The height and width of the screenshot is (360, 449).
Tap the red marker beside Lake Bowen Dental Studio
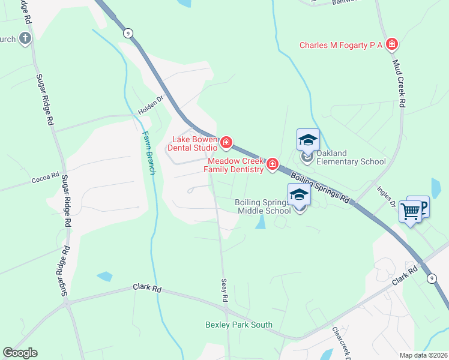coord(226,142)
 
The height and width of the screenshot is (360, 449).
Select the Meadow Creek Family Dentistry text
coord(234,165)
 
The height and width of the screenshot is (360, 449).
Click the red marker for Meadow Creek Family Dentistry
coord(272,164)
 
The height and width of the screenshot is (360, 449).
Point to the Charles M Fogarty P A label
coord(342,45)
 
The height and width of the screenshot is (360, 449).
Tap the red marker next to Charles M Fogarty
coord(391,44)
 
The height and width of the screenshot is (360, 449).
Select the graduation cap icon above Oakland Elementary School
coord(308,140)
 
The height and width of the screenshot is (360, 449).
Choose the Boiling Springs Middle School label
coord(263,206)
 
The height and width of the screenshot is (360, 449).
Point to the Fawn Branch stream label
coord(149,153)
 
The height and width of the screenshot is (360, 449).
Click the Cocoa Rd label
coord(46,178)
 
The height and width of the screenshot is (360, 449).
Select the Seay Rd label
coord(224,289)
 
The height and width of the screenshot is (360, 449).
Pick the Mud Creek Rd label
coord(399,83)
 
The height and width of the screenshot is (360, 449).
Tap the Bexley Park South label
coord(238,325)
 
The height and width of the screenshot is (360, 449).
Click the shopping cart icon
coord(411,211)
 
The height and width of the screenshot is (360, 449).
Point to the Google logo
coord(20,352)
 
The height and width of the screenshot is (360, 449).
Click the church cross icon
coord(25,39)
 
